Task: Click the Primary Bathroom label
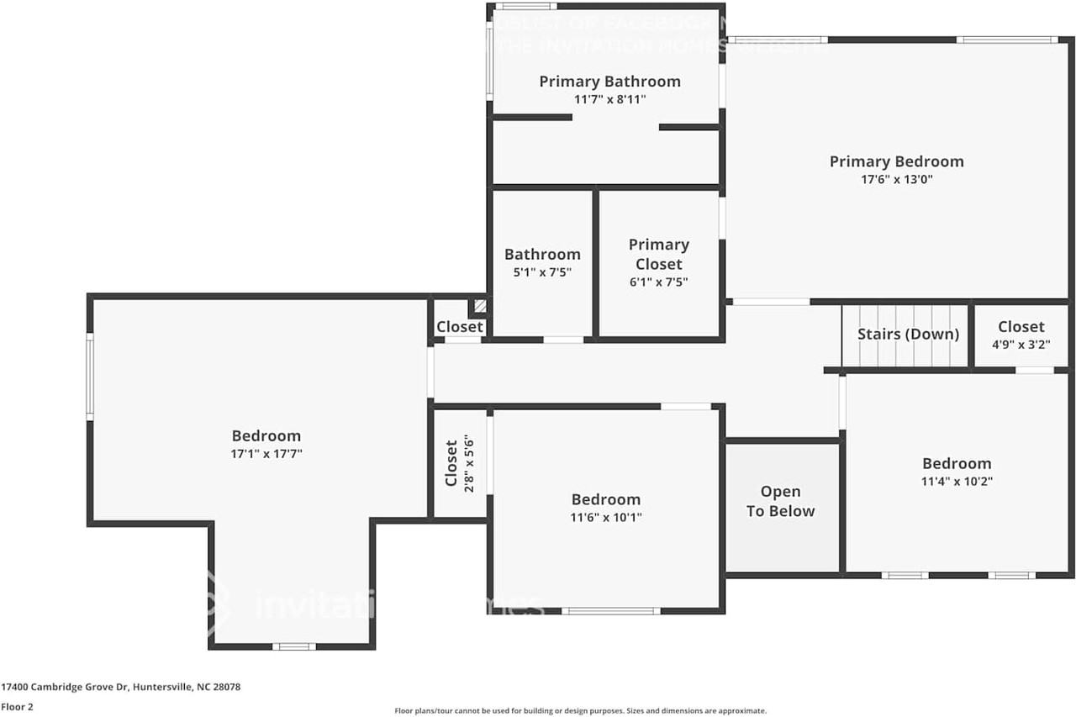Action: (609, 82)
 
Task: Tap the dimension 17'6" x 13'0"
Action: (896, 180)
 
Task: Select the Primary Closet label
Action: (659, 254)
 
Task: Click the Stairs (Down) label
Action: (908, 334)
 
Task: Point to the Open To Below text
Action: (780, 501)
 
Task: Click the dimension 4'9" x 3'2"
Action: (1021, 345)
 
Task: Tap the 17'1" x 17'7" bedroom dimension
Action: (266, 454)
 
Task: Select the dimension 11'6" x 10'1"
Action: (605, 518)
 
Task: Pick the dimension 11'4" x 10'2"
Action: (957, 482)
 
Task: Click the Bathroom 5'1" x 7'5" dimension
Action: (542, 272)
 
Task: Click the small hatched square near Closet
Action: (479, 307)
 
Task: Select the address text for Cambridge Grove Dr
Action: (121, 687)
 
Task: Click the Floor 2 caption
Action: (17, 707)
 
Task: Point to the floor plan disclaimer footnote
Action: (580, 710)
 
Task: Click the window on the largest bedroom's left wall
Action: (90, 376)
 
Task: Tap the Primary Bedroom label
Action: (896, 161)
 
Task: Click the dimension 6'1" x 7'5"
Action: (659, 282)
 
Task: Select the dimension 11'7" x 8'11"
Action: (609, 99)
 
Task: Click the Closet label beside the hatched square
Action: (460, 327)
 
